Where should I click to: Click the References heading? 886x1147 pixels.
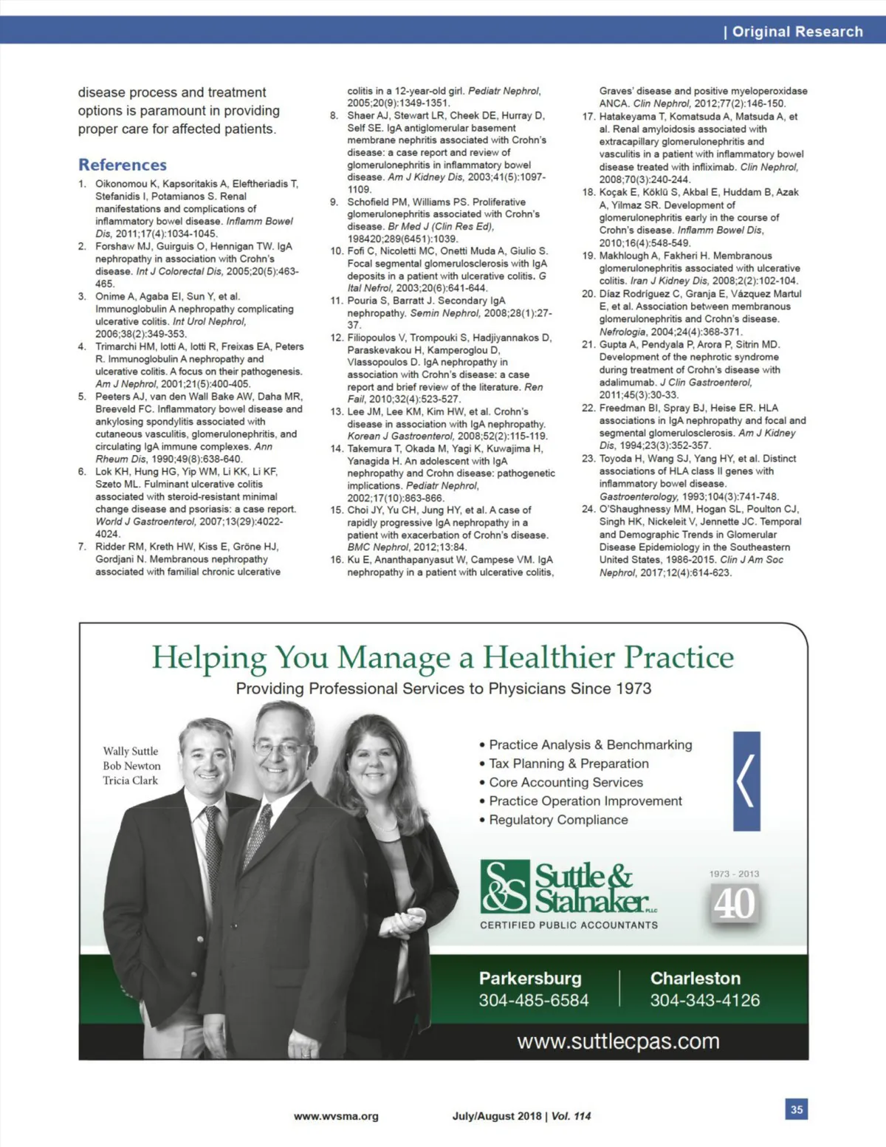pyautogui.click(x=123, y=165)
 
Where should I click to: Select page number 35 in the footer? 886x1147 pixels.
pyautogui.click(x=796, y=1109)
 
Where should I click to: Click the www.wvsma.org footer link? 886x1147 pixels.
pyautogui.click(x=336, y=1116)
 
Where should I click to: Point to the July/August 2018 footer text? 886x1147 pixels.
pyautogui.click(x=497, y=1116)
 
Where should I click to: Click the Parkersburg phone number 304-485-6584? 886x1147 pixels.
pyautogui.click(x=533, y=1001)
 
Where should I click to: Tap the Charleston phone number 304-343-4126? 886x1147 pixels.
pyautogui.click(x=704, y=1001)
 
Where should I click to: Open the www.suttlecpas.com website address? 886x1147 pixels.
pyautogui.click(x=618, y=1041)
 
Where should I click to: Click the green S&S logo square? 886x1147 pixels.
pyautogui.click(x=505, y=886)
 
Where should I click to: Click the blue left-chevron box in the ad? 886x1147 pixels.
pyautogui.click(x=746, y=781)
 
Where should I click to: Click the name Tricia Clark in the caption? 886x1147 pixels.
pyautogui.click(x=131, y=781)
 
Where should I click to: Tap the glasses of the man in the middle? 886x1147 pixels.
pyautogui.click(x=279, y=747)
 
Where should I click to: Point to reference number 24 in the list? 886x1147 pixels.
pyautogui.click(x=588, y=509)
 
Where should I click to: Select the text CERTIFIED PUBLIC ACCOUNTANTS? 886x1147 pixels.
pyautogui.click(x=569, y=925)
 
